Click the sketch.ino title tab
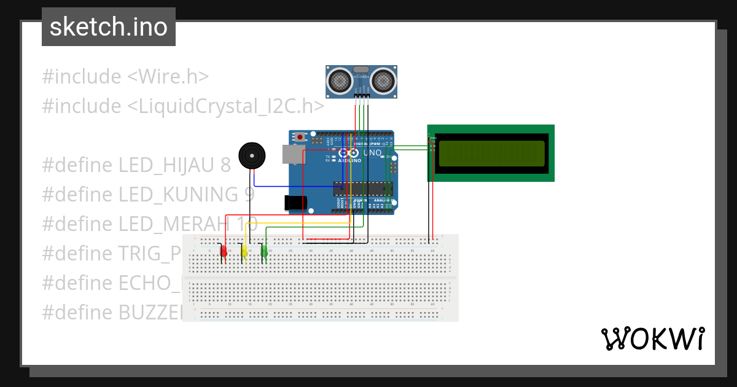coord(109,27)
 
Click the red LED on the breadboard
coord(224,251)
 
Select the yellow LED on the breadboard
coord(244,251)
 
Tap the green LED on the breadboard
coord(265,251)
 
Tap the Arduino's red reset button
coord(300,137)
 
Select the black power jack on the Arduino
coord(295,203)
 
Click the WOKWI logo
coord(652,338)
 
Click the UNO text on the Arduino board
coord(372,152)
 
